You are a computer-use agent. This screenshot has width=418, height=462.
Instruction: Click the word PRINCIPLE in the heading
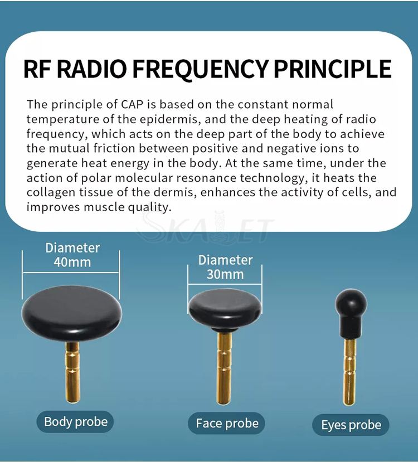(x=333, y=69)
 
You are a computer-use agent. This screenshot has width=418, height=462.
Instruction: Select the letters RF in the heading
(x=37, y=69)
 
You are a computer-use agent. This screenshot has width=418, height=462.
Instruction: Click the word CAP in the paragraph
(x=132, y=104)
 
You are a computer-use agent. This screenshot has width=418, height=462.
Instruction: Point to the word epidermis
(x=168, y=119)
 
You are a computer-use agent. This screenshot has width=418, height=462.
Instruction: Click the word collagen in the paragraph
(x=51, y=193)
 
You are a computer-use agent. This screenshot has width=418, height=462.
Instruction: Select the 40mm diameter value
(x=72, y=262)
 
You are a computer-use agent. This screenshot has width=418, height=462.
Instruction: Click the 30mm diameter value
(x=225, y=274)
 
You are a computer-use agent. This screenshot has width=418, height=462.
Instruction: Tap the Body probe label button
(x=75, y=422)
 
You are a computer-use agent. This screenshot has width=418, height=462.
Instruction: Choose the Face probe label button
(x=226, y=424)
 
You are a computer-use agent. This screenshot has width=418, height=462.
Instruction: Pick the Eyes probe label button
(x=351, y=425)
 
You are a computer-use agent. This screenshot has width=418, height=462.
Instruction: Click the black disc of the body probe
(x=71, y=313)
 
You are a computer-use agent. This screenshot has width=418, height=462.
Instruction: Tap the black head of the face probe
(x=225, y=309)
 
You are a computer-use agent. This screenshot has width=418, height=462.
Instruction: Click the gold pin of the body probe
(x=72, y=372)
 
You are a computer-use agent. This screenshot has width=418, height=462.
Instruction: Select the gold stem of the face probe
(x=224, y=368)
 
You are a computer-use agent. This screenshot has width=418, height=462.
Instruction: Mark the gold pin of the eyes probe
(x=349, y=372)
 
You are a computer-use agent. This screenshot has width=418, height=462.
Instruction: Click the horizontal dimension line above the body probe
(x=71, y=273)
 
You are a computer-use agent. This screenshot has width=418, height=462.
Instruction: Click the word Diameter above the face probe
(x=225, y=260)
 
